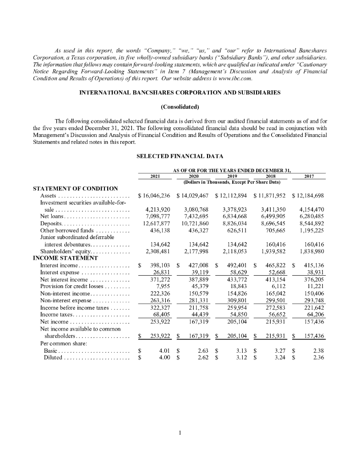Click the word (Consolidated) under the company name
pyautogui.click(x=180, y=108)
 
